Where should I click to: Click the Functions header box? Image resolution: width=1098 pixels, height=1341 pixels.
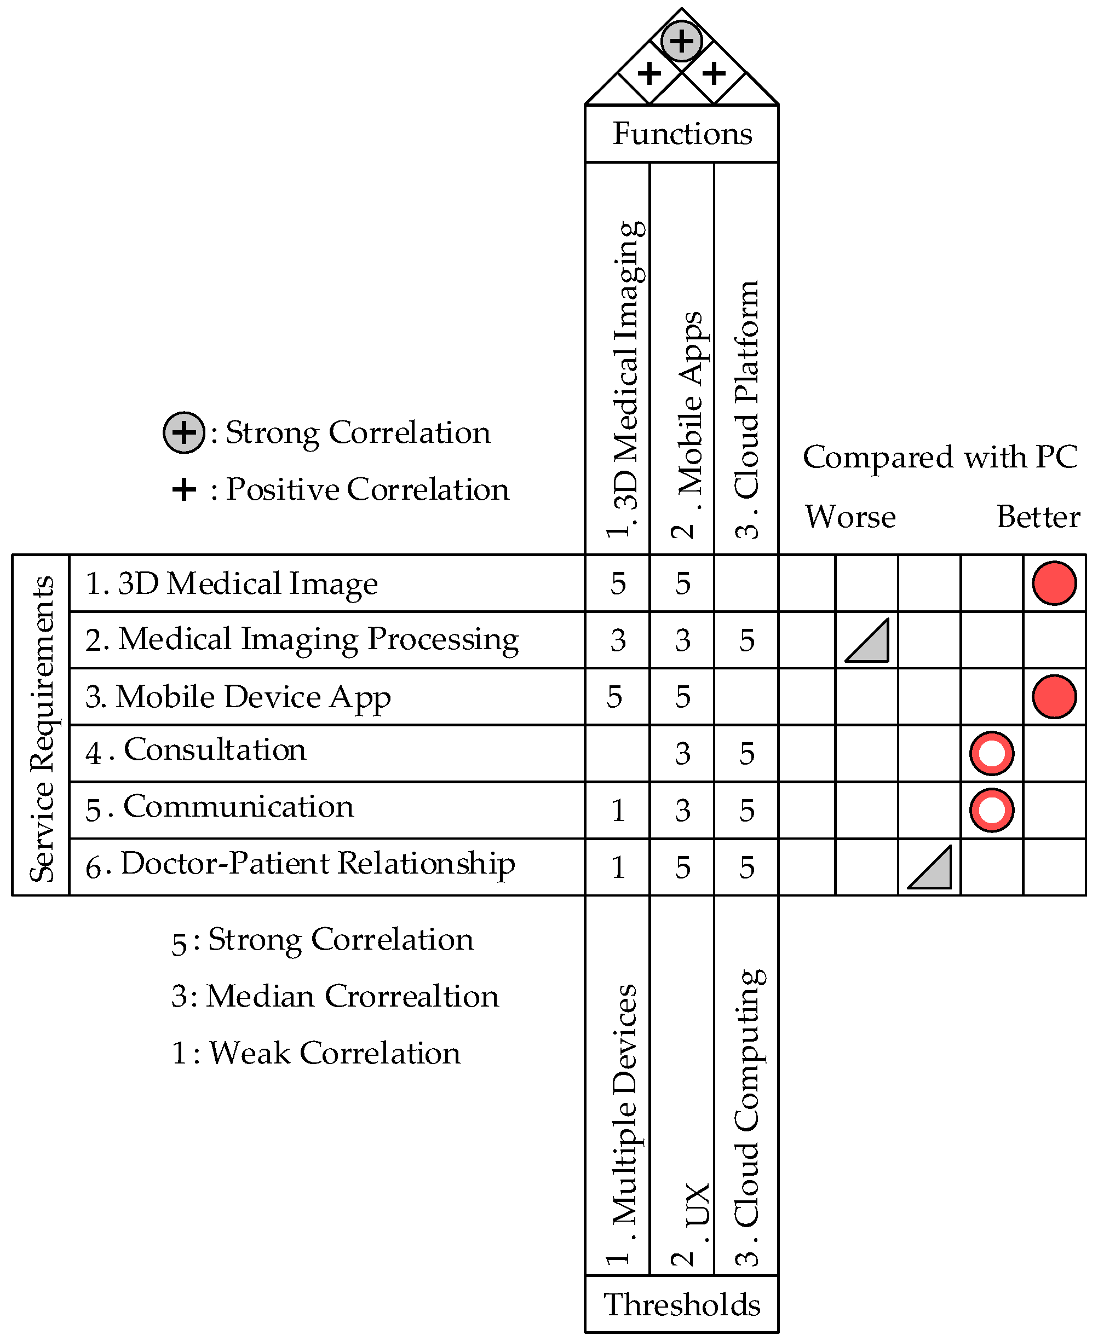(681, 134)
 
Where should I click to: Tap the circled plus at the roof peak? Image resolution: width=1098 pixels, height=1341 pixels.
(681, 41)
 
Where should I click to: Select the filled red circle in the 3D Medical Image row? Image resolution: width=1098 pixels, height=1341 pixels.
(1054, 583)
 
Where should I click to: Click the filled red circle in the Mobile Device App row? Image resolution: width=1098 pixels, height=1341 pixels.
(1054, 697)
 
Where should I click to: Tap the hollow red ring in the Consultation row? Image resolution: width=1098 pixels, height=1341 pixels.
(991, 754)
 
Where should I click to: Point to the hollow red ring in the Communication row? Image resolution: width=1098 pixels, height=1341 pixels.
(991, 811)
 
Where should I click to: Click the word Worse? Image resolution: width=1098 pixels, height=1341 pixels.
(849, 517)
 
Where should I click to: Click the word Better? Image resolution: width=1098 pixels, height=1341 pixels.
(1038, 517)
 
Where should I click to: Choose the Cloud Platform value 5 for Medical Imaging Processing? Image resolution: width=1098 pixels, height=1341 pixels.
(746, 640)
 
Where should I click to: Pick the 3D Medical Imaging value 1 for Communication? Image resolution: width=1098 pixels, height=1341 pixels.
(618, 811)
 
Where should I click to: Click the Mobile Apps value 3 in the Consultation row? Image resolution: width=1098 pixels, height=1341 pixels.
(682, 754)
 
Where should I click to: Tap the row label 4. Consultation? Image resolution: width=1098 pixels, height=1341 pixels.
(196, 750)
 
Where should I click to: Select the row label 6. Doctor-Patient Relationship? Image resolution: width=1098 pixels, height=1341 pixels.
(301, 864)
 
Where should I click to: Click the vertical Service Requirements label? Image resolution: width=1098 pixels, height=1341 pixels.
(42, 727)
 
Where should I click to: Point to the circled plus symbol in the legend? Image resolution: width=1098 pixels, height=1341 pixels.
(184, 432)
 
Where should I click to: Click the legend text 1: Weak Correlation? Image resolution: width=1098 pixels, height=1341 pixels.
(315, 1053)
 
